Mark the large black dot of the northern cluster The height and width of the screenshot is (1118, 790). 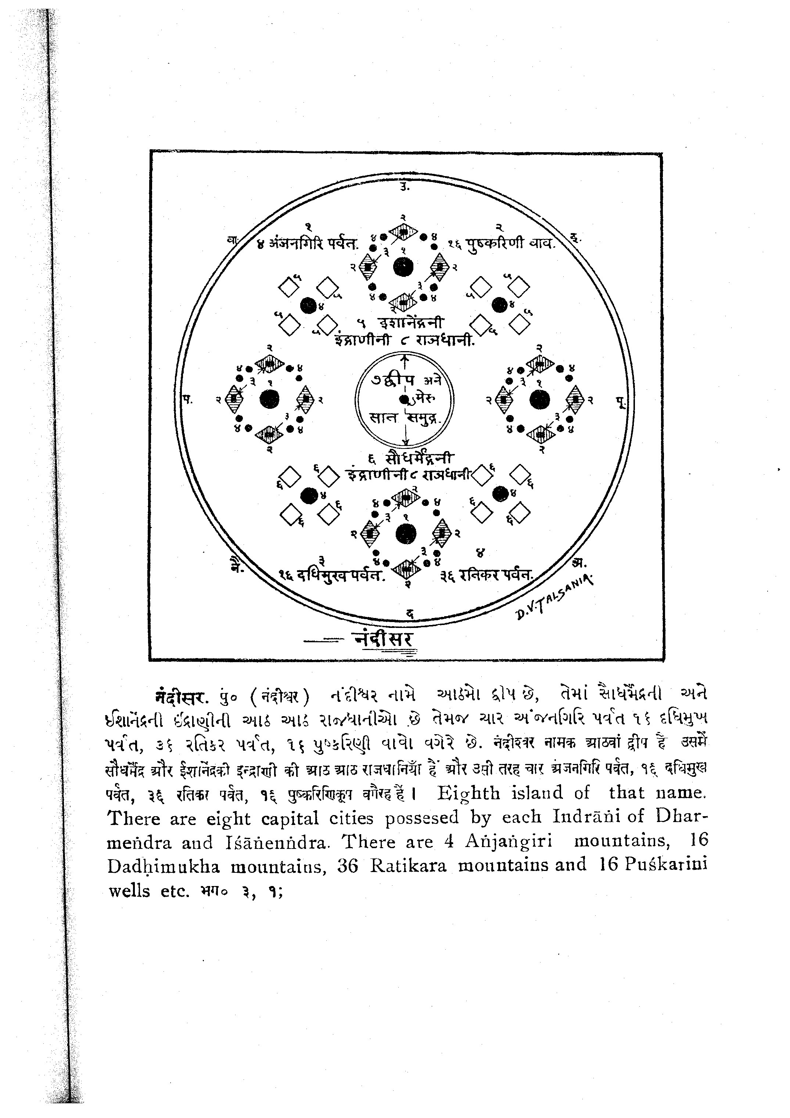tap(403, 267)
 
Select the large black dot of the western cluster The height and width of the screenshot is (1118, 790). tap(269, 399)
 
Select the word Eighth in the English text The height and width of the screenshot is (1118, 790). tap(468, 793)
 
